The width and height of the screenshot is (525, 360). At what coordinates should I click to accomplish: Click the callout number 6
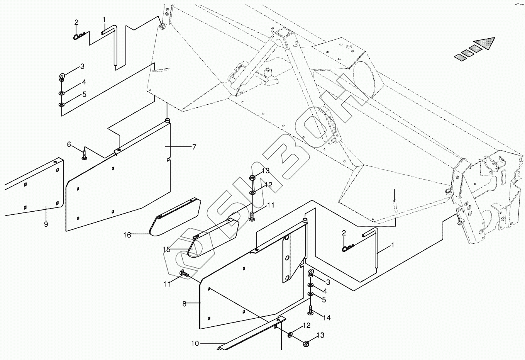pyautogui.click(x=69, y=144)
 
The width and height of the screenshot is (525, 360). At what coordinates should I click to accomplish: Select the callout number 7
pyautogui.click(x=194, y=147)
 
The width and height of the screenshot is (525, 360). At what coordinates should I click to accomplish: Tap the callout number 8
pyautogui.click(x=185, y=304)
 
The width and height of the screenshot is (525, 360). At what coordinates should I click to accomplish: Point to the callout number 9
pyautogui.click(x=46, y=224)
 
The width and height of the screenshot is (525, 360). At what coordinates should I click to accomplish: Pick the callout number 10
pyautogui.click(x=195, y=343)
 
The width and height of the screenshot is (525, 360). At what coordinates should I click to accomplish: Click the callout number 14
pyautogui.click(x=327, y=318)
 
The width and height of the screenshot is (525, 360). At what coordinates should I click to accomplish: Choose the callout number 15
pyautogui.click(x=166, y=250)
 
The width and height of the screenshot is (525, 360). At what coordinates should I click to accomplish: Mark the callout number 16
pyautogui.click(x=127, y=234)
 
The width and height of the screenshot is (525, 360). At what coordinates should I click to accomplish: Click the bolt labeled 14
pyautogui.click(x=311, y=311)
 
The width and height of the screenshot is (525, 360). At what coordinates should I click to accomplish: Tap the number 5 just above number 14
pyautogui.click(x=323, y=299)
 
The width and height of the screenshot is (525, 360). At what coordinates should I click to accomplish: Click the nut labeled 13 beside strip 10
pyautogui.click(x=306, y=343)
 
